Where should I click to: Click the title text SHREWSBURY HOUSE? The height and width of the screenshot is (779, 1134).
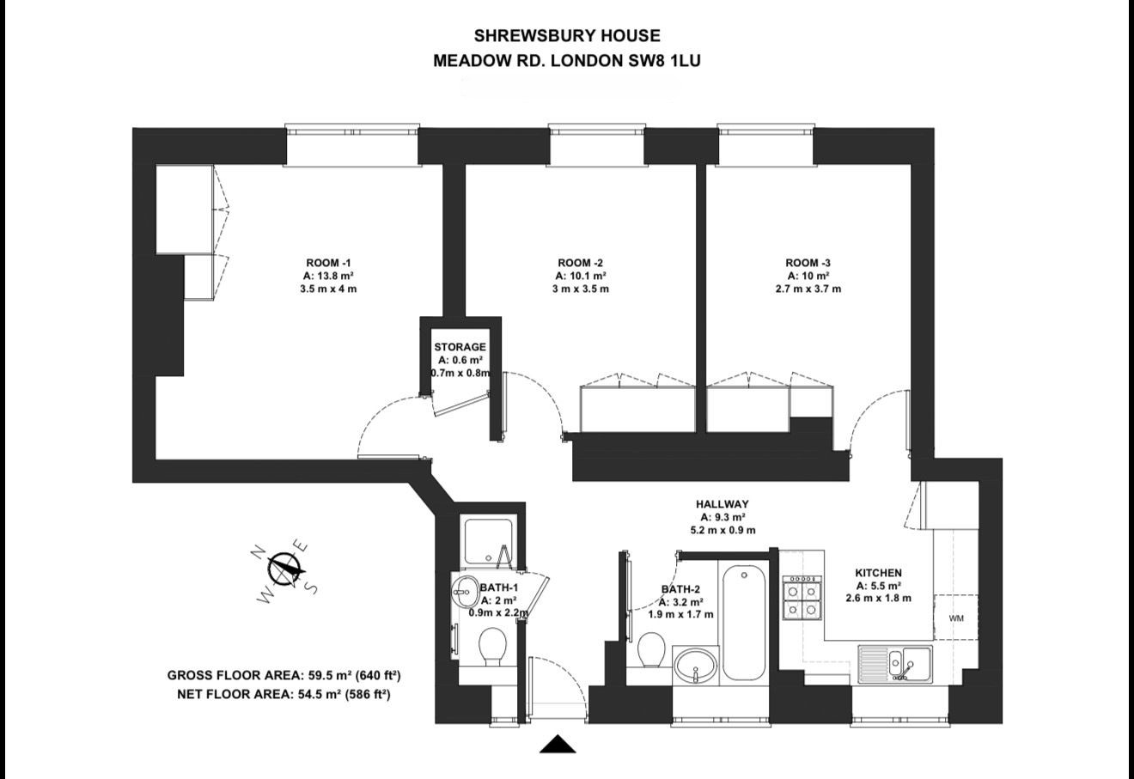point(567,35)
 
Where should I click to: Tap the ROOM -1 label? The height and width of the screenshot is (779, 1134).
point(328,263)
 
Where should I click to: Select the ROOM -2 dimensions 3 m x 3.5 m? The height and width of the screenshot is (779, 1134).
point(581,289)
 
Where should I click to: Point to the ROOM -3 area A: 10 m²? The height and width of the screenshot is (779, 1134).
point(808,277)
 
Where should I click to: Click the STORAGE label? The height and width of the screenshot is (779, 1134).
point(460,347)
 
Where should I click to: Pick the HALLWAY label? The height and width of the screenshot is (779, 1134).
point(722,504)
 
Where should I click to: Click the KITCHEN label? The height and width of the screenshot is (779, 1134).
point(878,573)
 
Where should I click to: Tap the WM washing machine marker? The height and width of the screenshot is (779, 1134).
point(956,618)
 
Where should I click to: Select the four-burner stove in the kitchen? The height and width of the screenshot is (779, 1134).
point(801,599)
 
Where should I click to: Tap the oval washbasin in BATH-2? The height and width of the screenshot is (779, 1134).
point(695,665)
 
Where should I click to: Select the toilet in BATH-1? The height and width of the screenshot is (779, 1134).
point(492,647)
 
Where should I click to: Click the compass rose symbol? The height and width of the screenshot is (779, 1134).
point(284,569)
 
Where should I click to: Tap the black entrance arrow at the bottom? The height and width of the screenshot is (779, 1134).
point(558,745)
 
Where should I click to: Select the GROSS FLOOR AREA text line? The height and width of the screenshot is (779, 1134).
point(284,674)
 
